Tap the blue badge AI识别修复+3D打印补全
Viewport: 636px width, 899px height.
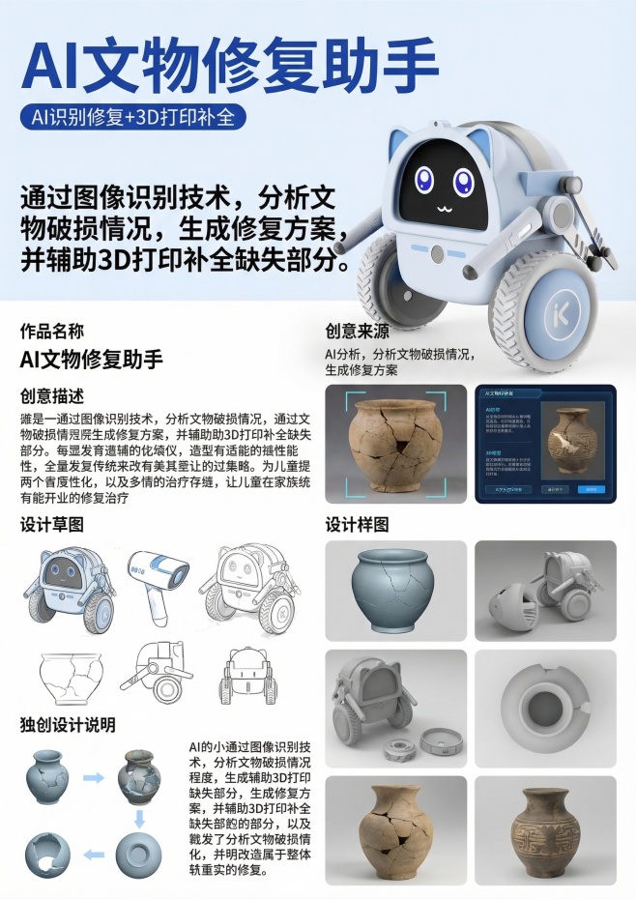133,118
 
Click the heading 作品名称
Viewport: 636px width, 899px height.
52,331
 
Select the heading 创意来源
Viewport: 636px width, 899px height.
357,331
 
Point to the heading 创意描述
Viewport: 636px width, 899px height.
52,395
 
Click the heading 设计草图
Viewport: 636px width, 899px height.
52,525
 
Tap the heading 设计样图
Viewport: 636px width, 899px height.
357,525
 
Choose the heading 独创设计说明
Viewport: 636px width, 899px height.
68,724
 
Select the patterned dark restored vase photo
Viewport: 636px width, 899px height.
545,829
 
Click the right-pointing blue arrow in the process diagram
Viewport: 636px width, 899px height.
94,777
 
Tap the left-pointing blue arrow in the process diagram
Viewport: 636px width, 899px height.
94,855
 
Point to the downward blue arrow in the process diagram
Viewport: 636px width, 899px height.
139,818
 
